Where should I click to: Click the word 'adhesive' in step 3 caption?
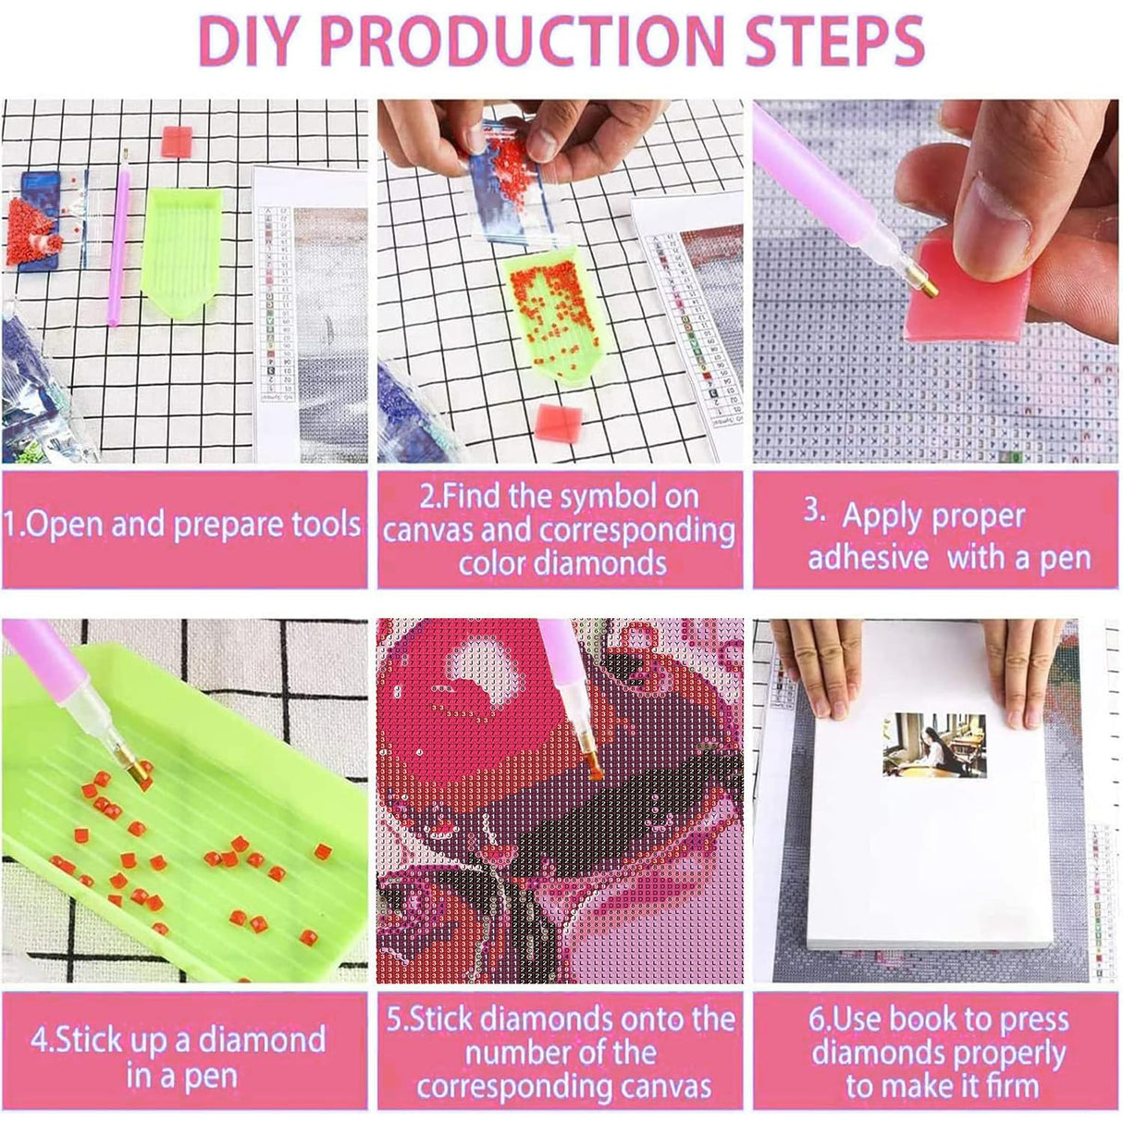pos(869,558)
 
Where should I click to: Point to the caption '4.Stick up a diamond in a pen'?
pos(179,1056)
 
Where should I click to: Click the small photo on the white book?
pos(933,746)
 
